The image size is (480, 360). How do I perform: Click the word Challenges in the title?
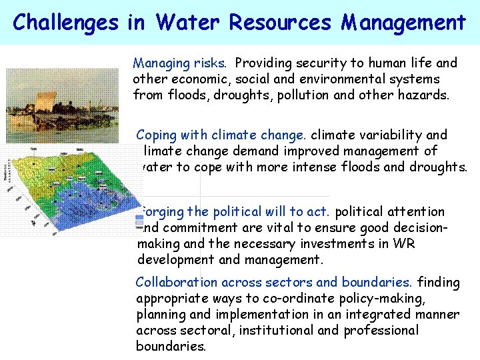64,23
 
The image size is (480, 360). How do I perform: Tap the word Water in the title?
189,23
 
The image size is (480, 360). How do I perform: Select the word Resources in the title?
280,23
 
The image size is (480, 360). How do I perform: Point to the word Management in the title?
403,23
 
